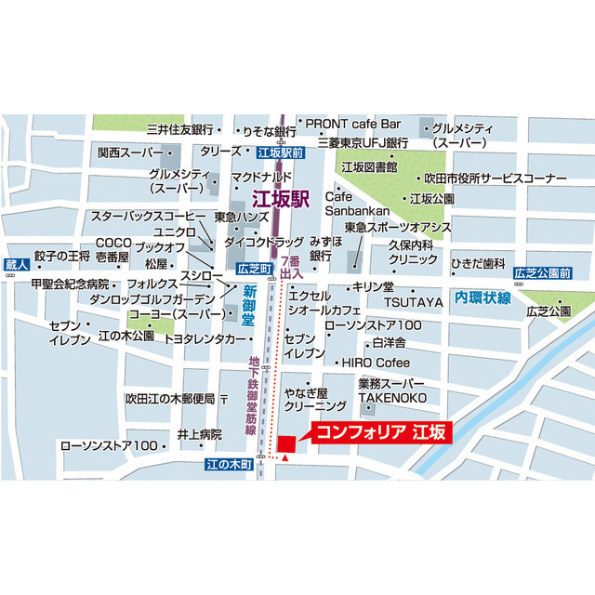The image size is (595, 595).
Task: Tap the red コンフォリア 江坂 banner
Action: [x=379, y=432]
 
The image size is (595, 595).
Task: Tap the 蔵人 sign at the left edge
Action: [x=16, y=265]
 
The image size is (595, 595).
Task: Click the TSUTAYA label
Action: [x=414, y=303]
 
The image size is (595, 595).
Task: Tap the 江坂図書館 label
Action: [x=369, y=167]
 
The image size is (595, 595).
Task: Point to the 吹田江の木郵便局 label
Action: [x=170, y=399]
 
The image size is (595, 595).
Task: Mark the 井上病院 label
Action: [x=199, y=434]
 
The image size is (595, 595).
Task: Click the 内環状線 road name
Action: [x=483, y=297]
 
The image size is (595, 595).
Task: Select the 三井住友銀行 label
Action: [x=180, y=129]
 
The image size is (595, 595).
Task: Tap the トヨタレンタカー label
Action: [x=205, y=339]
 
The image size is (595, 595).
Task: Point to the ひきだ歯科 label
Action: [x=478, y=263]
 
